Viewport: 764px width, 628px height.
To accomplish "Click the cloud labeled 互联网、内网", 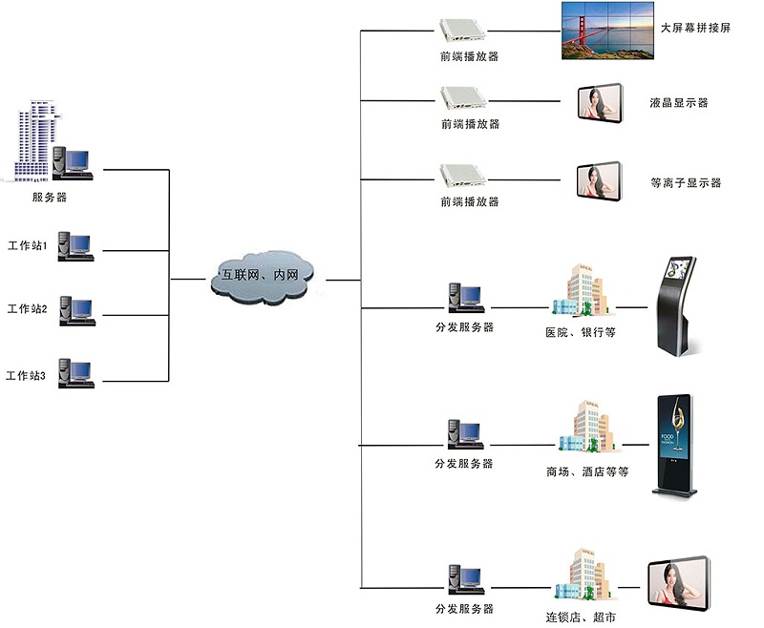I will (266, 277).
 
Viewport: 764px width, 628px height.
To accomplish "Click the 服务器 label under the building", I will (49, 198).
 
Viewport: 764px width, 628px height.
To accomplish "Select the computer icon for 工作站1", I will (75, 246).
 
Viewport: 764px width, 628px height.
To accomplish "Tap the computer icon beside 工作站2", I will (75, 309).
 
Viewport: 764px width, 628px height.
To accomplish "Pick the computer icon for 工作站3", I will (75, 371).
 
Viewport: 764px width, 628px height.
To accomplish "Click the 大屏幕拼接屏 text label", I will (695, 29).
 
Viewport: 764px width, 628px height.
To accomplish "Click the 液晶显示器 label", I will (678, 103).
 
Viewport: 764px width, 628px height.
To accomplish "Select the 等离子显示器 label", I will (685, 182).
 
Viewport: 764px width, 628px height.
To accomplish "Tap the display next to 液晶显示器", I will (600, 103).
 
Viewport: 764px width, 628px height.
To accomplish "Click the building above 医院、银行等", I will (579, 291).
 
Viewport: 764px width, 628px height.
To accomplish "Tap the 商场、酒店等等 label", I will (587, 471).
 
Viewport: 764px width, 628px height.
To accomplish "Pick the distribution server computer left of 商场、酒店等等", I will (464, 435).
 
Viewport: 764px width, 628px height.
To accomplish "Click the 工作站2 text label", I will (27, 309).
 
